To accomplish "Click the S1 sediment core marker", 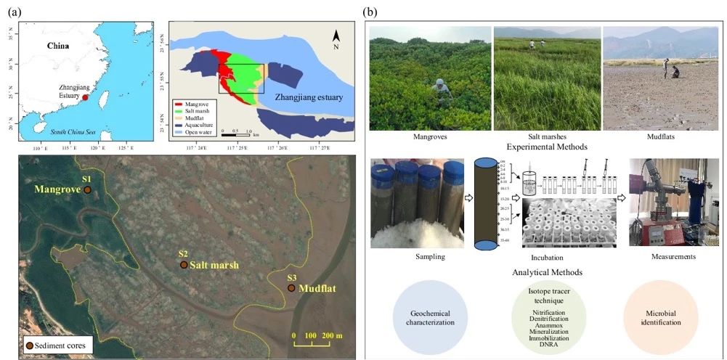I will coord(87,189).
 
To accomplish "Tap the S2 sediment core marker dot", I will coord(184,265).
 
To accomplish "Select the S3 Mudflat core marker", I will coord(291,288).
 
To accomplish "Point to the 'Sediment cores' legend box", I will coord(57,345).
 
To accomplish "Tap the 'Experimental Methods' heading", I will coord(545,146).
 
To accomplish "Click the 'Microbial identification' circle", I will coord(661,316).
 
